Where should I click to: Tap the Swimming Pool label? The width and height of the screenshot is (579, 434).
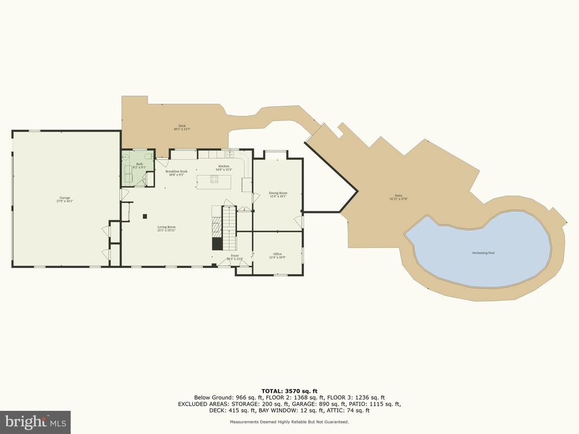point(483,253)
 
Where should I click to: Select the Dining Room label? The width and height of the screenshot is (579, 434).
point(277,193)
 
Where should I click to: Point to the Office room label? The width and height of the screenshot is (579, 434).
point(277,254)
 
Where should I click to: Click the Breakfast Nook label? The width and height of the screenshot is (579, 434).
point(175,171)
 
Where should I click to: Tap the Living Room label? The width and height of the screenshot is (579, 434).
point(166,227)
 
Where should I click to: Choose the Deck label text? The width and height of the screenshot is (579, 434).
point(182,126)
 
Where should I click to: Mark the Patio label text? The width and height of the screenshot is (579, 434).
point(399,196)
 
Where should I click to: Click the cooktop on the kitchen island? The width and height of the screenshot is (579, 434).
point(215,180)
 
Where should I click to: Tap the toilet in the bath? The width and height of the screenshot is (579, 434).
point(148,157)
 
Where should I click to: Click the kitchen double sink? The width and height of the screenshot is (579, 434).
point(230,154)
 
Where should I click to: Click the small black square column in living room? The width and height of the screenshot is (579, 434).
point(145,215)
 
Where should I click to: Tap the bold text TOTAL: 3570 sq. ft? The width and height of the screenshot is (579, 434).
point(289,390)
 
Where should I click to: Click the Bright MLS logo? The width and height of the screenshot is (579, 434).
point(35,422)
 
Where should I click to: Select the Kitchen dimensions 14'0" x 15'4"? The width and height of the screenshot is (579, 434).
point(223,170)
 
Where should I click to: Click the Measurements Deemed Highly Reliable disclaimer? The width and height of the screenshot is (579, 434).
point(289,422)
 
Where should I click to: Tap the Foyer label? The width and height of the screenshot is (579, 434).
point(234,255)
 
